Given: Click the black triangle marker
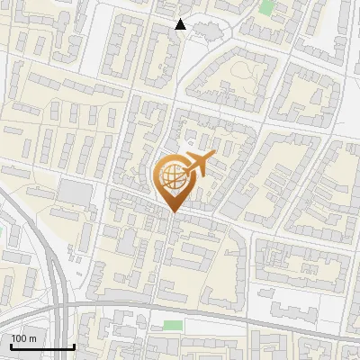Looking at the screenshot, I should [181, 25].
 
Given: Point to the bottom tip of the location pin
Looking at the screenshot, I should [173, 212].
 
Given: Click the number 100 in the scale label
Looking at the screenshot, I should [19, 338].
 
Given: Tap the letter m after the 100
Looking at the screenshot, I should [32, 338].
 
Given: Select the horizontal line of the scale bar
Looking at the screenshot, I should [42, 347].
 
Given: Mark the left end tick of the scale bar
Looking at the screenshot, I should [11, 346].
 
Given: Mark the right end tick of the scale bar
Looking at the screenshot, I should [74, 346].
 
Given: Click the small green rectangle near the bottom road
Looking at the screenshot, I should [173, 325].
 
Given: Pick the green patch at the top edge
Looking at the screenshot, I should [266, 6].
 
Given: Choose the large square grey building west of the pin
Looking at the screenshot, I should [75, 192].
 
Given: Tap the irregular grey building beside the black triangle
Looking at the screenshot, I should [205, 31].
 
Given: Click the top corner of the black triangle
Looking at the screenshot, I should [181, 19].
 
